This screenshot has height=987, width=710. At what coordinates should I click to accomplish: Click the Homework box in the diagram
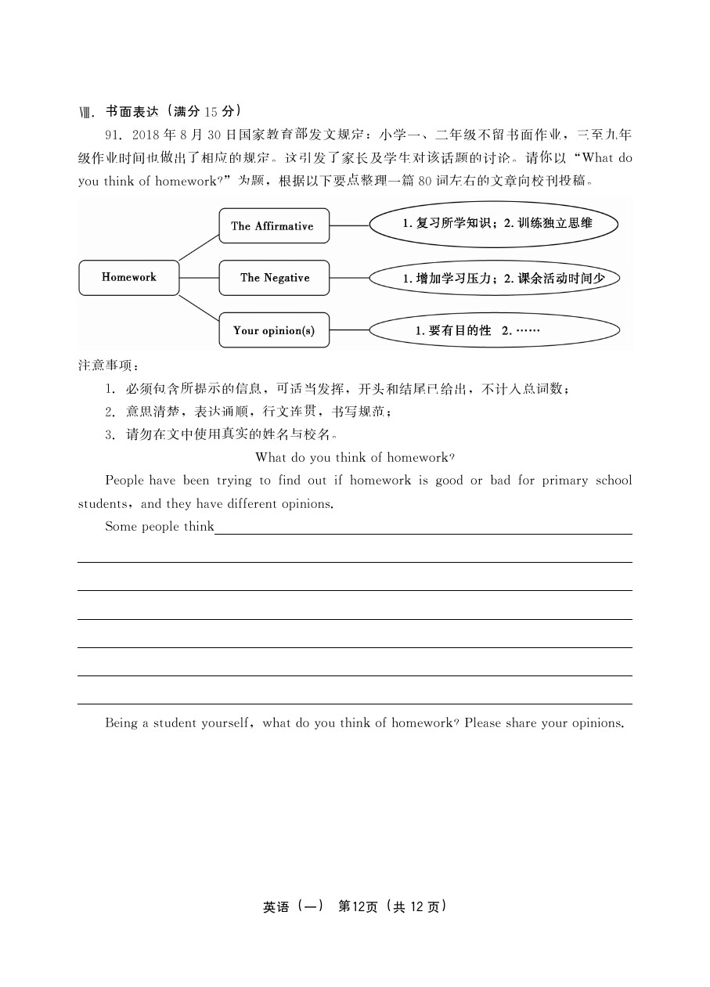129,278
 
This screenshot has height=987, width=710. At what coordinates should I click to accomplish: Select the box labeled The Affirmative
273,226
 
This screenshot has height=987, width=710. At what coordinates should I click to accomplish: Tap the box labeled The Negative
274,278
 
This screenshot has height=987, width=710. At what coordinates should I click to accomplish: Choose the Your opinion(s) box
274,330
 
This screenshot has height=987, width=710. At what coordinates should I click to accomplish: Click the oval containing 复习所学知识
493,224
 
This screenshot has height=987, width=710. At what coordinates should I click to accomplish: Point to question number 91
114,134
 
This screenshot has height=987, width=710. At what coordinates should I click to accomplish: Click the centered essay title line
355,457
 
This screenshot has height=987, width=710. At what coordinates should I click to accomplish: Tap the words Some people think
160,527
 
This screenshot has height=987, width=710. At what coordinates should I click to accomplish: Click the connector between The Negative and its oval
349,278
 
